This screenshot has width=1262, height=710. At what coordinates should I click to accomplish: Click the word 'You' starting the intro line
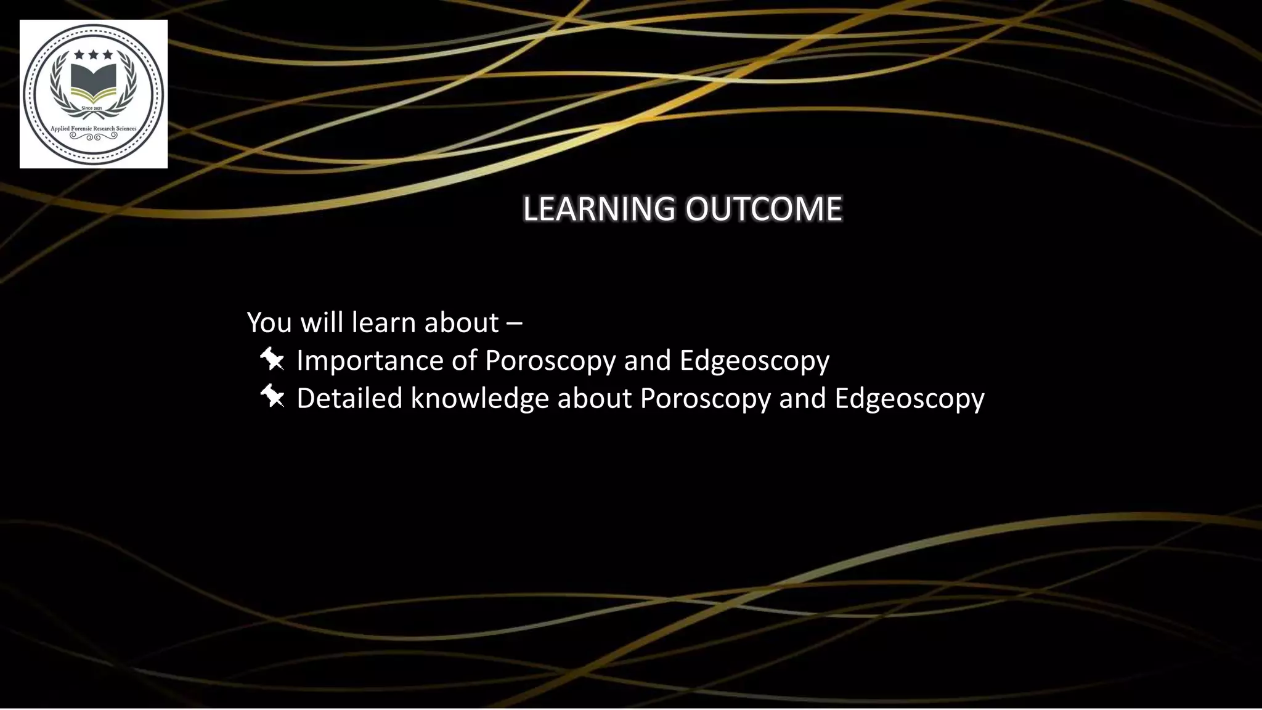tap(269, 322)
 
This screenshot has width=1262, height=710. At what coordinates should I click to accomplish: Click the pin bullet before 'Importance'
tap(272, 359)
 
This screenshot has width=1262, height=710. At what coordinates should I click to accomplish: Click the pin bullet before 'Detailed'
tap(272, 396)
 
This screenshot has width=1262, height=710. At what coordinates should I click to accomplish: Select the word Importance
tap(370, 361)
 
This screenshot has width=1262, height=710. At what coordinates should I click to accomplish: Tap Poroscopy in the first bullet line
tap(550, 361)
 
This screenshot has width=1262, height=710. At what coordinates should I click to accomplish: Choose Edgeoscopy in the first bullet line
tap(754, 361)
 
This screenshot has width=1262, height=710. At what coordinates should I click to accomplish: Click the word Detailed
tap(349, 398)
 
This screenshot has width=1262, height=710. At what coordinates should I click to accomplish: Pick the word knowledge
tap(479, 398)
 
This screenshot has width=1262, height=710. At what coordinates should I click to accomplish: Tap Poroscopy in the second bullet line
tap(705, 398)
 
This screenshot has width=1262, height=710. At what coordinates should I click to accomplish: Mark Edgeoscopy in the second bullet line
tap(909, 398)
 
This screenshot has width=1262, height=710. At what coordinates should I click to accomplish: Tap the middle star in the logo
tap(93, 55)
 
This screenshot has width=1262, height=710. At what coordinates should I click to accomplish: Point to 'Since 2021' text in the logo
tap(92, 108)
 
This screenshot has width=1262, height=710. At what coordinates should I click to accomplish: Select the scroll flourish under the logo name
tap(93, 137)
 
